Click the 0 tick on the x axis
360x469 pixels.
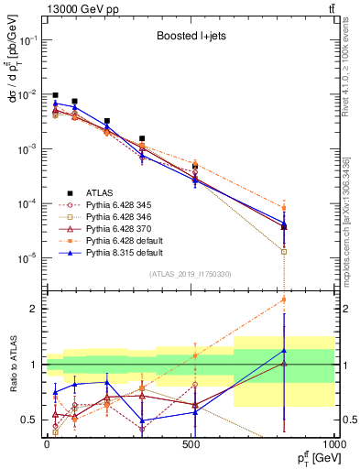(47, 442)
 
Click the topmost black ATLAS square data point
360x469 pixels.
(55, 95)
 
